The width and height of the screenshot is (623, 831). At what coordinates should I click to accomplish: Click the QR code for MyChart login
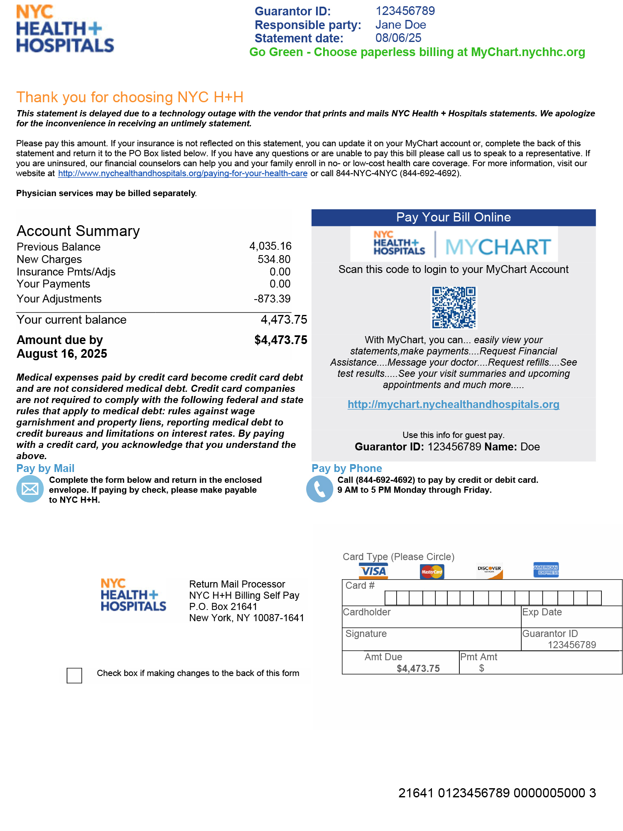point(454,307)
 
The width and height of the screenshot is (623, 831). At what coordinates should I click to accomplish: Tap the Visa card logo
point(373,571)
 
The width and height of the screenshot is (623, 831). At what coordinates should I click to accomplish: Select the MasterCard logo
point(432,572)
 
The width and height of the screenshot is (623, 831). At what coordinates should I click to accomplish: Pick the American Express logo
point(546,570)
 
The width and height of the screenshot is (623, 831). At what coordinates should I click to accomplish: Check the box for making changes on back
point(74,675)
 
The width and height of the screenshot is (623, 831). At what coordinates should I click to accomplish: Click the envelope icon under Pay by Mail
point(30,489)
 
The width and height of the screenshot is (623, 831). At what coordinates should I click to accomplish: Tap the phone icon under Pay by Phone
point(319,489)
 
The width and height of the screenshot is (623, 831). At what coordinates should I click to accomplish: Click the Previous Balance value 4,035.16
point(270,246)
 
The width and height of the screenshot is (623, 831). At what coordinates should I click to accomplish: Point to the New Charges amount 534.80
point(274,259)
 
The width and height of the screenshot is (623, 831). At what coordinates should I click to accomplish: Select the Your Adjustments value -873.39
point(272,299)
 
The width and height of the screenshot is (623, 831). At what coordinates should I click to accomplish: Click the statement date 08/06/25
point(398,38)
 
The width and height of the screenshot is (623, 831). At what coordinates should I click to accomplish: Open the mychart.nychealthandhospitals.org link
point(454,404)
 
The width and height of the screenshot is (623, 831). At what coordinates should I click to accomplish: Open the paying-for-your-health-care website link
point(183,173)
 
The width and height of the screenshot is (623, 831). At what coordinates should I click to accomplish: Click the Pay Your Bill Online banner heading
point(454,217)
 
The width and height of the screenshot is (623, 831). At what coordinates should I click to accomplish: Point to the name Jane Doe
point(401,25)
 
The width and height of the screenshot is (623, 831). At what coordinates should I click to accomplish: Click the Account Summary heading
point(78,231)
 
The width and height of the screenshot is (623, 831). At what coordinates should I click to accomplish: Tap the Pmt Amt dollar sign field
point(482,668)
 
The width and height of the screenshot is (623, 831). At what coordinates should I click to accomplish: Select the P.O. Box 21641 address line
point(223,607)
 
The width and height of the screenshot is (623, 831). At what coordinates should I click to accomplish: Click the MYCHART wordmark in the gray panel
point(498,247)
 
